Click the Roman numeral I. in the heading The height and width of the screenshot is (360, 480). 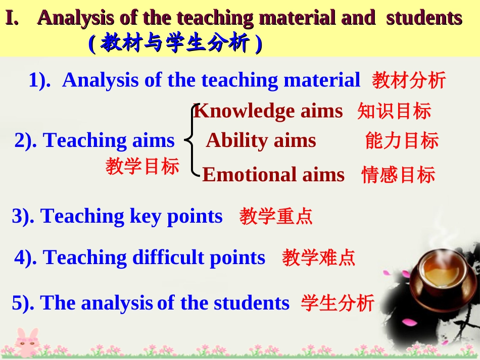tap(12, 18)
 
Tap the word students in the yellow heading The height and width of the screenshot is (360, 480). tap(424, 18)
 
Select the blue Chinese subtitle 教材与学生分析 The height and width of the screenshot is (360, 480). tap(175, 43)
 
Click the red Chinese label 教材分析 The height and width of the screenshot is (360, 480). tap(409, 80)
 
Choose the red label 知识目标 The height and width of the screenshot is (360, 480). tap(394, 111)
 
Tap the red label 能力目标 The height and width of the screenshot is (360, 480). tap(402, 141)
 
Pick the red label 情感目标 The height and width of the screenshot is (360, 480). tap(398, 175)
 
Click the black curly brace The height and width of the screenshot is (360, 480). tap(192, 140)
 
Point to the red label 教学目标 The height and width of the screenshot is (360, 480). tap(142, 167)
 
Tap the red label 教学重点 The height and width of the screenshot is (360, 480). tap(276, 216)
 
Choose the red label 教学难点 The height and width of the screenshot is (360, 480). tap(318, 258)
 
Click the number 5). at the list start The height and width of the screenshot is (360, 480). tap(23, 303)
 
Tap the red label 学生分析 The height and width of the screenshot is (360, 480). tap(338, 303)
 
